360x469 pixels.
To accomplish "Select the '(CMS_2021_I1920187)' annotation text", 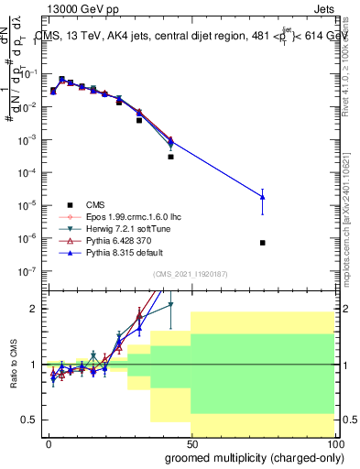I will click(x=191, y=273).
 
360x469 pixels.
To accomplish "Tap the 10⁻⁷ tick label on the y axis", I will click(x=29, y=271).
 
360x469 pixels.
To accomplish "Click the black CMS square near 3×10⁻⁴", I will click(x=170, y=157).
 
